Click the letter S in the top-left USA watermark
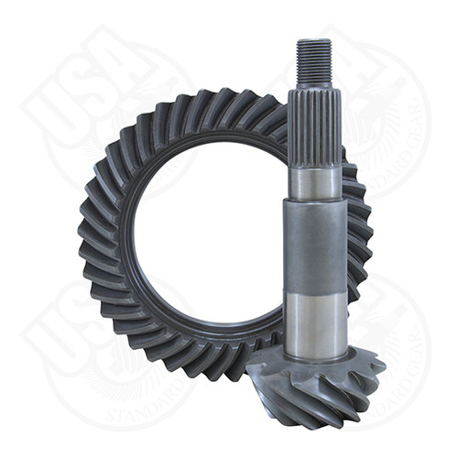click(x=92, y=73)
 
